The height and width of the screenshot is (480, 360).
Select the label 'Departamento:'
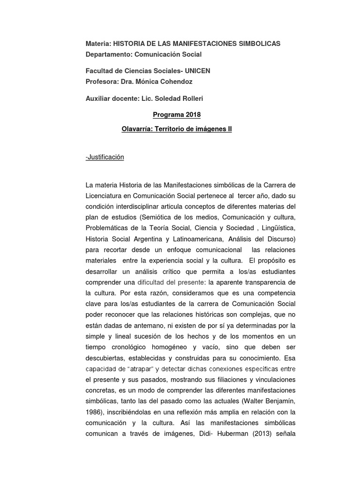(x=109, y=54)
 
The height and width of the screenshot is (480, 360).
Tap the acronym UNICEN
(x=197, y=71)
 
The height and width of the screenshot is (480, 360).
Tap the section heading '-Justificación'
(x=105, y=157)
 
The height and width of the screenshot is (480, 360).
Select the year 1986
(x=95, y=412)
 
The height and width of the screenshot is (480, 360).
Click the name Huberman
(x=219, y=434)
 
